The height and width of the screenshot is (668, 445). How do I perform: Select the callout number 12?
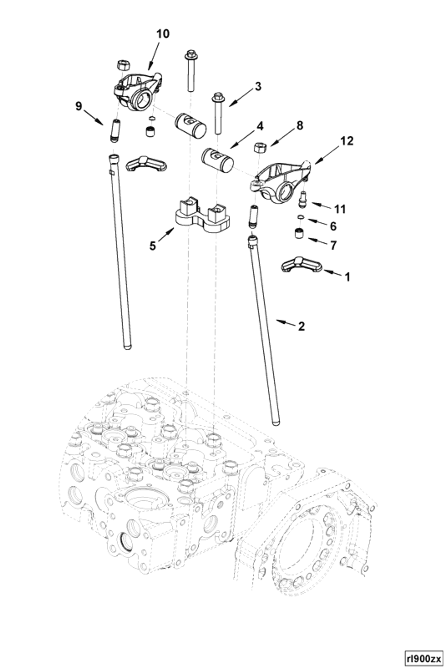pyautogui.click(x=347, y=141)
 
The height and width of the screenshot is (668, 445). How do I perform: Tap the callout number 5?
pyautogui.click(x=153, y=246)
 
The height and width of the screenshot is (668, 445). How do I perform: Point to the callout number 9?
pyautogui.click(x=79, y=106)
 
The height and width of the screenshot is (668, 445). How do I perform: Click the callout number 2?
pyautogui.click(x=301, y=326)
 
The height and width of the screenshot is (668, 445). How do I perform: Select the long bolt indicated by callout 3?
pyautogui.click(x=218, y=114)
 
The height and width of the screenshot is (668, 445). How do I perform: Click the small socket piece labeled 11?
pyautogui.click(x=303, y=199)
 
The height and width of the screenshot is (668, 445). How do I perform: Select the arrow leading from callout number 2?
pyautogui.click(x=286, y=322)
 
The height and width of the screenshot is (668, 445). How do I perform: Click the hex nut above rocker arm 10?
pyautogui.click(x=123, y=65)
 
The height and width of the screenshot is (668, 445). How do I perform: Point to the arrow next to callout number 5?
pyautogui.click(x=167, y=235)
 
